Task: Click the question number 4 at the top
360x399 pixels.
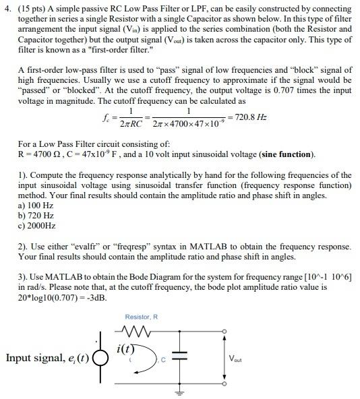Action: [x=6, y=9]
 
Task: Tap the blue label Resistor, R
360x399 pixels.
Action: [x=141, y=317]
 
